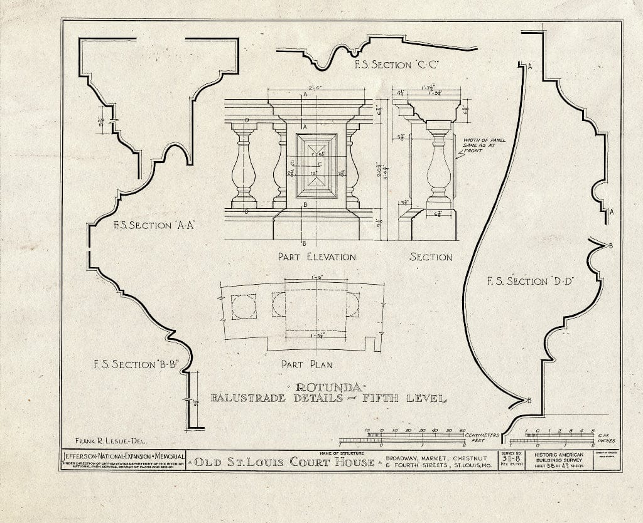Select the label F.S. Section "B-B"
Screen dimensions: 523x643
pos(133,364)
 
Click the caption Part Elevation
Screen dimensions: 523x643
pos(316,257)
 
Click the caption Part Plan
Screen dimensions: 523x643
pos(306,364)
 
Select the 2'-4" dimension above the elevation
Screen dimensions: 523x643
pos(316,88)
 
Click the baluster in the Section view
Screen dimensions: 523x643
pos(439,164)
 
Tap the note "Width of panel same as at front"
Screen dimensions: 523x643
pos(484,145)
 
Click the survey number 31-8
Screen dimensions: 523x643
pos(511,459)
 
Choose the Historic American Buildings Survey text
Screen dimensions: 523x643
pos(558,457)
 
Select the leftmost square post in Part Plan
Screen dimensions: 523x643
pos(243,307)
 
